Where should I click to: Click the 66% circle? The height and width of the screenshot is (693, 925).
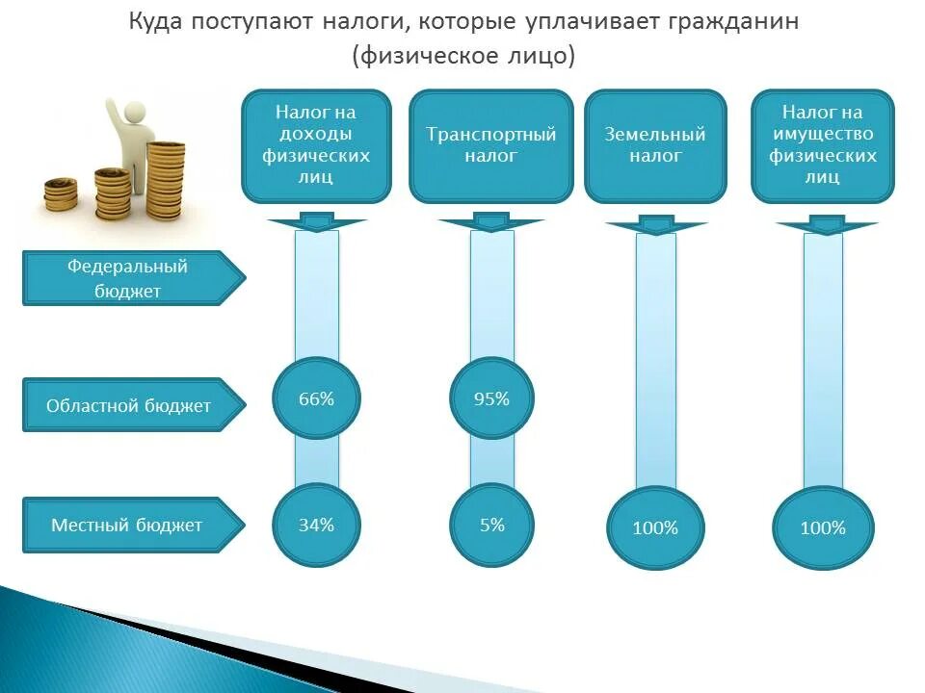316,398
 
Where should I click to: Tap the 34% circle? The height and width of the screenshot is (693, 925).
316,525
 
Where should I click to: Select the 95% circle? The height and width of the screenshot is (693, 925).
491,398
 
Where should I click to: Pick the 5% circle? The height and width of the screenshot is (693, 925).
491,525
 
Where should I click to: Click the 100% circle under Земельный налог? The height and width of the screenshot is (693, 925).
655,527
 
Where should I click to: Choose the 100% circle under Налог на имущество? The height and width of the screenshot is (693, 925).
823,527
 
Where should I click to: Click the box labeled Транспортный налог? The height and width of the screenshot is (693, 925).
491,145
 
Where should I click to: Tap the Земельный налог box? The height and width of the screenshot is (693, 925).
655,145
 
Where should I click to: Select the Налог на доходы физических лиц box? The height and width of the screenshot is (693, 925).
316,145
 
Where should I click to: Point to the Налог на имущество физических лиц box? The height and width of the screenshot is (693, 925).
823,145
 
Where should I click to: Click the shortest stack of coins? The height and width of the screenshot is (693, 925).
61,192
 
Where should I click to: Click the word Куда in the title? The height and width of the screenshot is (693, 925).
157,22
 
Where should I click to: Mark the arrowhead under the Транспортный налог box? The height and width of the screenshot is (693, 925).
491,224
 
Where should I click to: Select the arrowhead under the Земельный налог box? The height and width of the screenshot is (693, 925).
655,228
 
